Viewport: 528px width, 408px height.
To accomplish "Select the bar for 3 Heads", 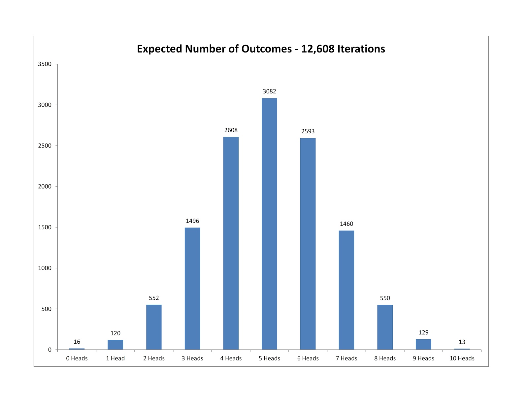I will tap(192, 289).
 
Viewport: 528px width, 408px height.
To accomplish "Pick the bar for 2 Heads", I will tap(154, 327).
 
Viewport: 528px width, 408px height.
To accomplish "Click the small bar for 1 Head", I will tap(115, 345).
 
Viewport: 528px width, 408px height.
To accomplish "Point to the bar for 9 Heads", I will tap(423, 344).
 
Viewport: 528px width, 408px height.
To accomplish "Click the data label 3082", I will tap(269, 91).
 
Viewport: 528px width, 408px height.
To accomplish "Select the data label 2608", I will tap(231, 130).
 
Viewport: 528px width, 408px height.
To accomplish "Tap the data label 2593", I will tap(308, 131).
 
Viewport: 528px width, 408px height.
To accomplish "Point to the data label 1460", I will tap(346, 224).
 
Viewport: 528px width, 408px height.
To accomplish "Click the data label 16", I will tap(77, 342).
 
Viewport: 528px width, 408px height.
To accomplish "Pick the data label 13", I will tap(462, 342).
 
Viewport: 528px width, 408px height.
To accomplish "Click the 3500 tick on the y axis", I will tap(45, 64).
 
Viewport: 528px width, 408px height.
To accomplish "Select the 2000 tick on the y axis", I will tap(45, 187).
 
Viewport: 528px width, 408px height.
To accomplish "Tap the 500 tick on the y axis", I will tap(46, 309).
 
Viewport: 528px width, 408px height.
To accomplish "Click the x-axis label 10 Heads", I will tap(462, 358).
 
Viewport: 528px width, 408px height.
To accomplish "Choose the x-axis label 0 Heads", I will tap(77, 358).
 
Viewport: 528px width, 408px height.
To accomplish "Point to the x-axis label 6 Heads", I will tap(308, 358).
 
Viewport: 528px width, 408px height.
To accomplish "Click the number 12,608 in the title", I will tap(317, 49).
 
